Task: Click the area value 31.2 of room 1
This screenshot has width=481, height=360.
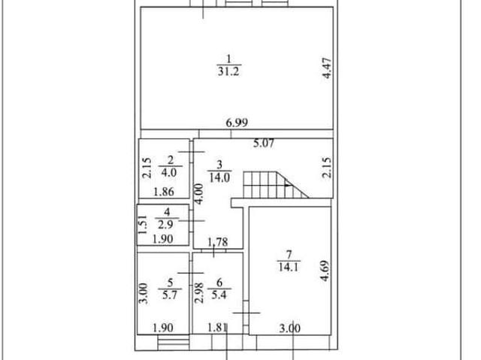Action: pos(228,71)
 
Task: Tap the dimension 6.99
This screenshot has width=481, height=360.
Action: pos(237,123)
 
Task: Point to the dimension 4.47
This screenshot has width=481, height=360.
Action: pos(328,68)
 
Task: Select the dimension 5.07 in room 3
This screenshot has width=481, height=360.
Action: pos(264,144)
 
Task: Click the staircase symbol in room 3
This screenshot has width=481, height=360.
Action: pos(276,185)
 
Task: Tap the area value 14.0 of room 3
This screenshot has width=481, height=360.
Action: pos(219,177)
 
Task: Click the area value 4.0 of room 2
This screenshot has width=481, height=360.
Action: pos(169,173)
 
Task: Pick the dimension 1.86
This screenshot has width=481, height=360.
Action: pos(164,192)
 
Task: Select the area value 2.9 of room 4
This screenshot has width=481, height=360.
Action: pos(165,225)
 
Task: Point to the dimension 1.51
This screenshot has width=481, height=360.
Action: pos(142,225)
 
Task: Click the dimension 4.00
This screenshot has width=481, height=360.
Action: pos(198,194)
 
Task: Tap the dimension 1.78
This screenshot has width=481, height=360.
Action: pos(218,242)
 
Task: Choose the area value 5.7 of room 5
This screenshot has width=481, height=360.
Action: pos(170,295)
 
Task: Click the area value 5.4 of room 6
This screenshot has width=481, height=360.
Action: pos(219,295)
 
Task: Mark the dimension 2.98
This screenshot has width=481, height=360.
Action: pos(199,293)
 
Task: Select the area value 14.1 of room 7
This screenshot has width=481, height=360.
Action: pos(289,267)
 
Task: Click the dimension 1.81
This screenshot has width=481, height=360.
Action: pos(217,328)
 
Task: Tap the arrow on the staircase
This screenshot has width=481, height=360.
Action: pos(289,185)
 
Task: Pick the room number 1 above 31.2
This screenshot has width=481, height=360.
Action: pos(228,59)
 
